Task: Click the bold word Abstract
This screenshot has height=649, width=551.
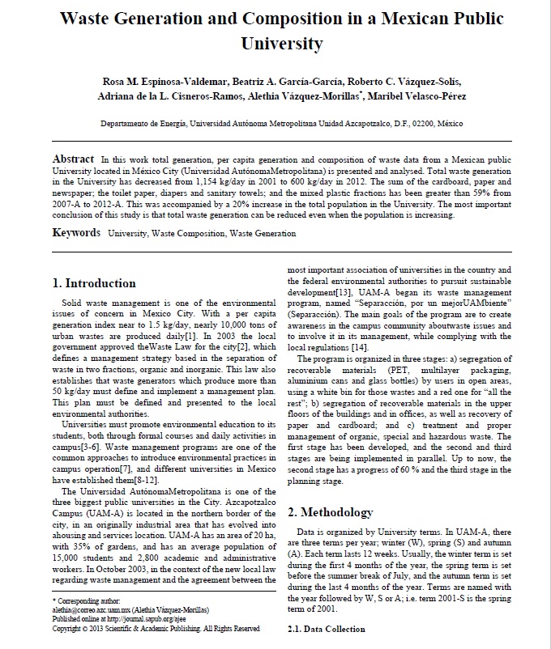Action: (74, 159)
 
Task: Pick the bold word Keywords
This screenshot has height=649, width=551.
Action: (77, 233)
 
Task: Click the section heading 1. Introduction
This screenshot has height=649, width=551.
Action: (94, 283)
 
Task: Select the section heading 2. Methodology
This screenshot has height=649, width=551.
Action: (331, 512)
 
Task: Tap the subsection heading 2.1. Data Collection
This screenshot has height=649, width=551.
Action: (327, 629)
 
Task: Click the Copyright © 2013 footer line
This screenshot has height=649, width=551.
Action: (156, 628)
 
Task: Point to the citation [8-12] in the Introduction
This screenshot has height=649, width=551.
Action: (144, 480)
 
